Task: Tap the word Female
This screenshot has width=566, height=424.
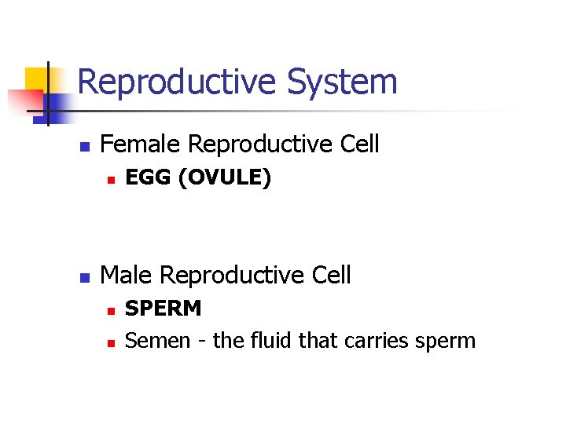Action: pos(141,144)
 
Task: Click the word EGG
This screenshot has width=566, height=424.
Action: pos(149,178)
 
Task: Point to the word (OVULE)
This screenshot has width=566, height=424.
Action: pos(225,178)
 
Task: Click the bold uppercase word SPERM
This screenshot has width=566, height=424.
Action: pos(164,309)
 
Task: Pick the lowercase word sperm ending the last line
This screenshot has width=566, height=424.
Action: pos(448,341)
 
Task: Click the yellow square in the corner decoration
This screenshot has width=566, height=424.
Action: pos(35,79)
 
